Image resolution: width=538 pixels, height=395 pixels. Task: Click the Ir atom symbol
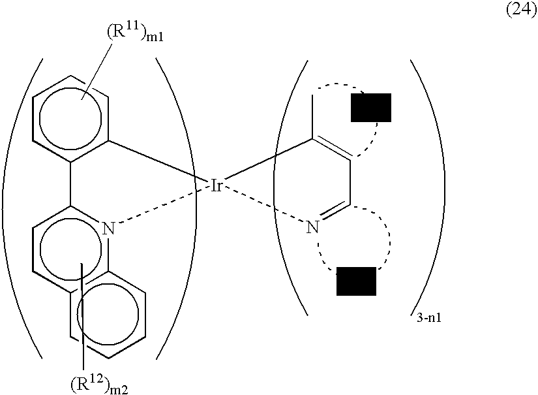click(217, 185)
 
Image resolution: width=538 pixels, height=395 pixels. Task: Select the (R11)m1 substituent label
click(135, 33)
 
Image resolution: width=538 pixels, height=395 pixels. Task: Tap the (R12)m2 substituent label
click(99, 385)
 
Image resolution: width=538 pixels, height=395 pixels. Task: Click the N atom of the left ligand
click(109, 229)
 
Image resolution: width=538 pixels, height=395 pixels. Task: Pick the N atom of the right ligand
click(312, 227)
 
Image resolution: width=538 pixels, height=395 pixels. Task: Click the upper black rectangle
click(371, 108)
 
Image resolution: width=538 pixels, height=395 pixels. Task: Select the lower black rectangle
click(356, 281)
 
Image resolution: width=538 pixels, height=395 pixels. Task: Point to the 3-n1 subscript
click(429, 319)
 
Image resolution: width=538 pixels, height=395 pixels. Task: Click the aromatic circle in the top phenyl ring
click(40, 118)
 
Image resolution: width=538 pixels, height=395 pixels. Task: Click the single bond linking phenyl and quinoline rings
click(71, 183)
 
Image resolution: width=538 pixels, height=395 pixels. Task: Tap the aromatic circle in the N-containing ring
click(40, 249)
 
